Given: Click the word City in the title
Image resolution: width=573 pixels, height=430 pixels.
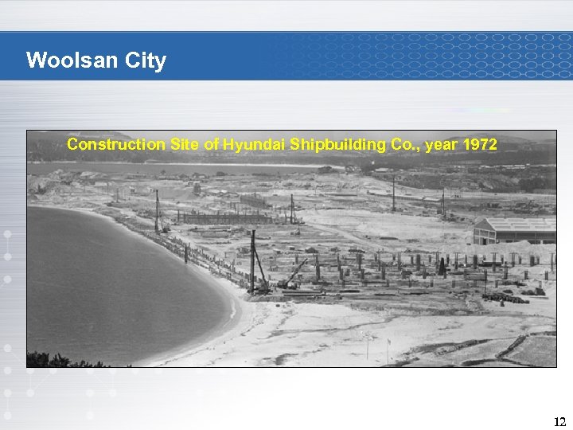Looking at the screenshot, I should [x=145, y=61].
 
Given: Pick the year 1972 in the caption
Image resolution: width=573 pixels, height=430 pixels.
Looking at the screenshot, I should [x=479, y=145].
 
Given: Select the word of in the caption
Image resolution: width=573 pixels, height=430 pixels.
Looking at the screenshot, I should [x=211, y=145].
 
